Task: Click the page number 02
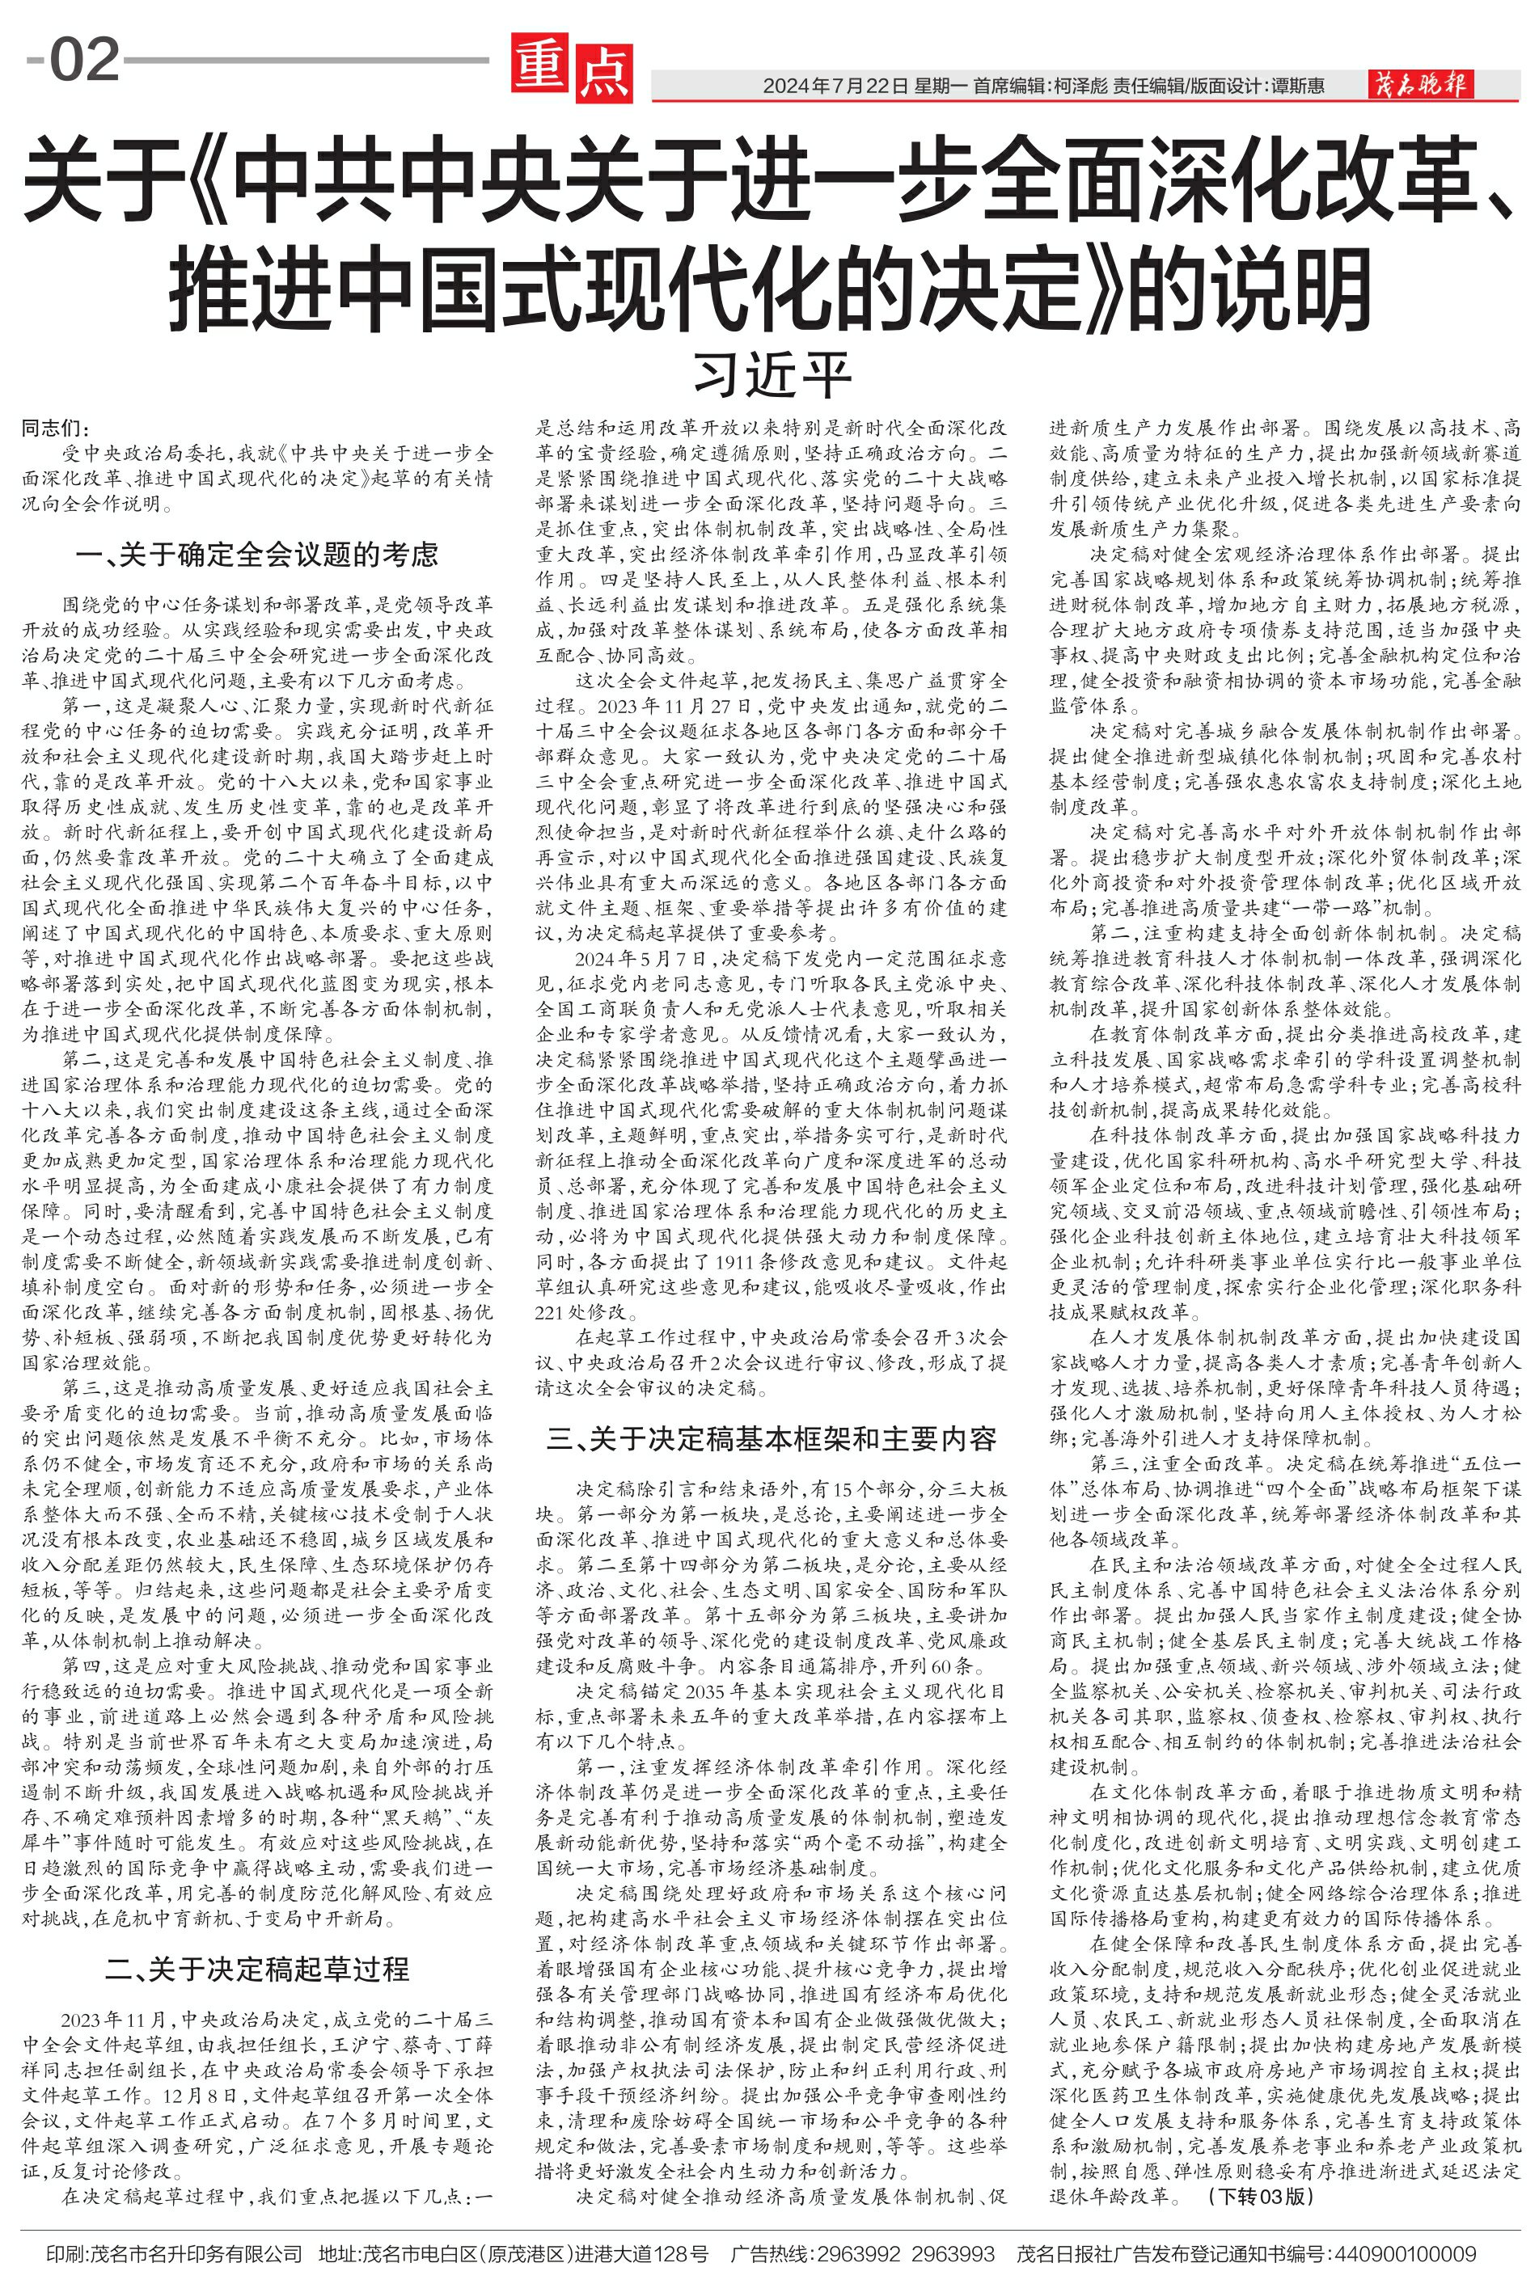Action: (84, 60)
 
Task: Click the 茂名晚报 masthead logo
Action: (1420, 86)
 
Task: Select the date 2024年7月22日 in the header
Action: (835, 87)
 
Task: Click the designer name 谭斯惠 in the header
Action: (1295, 87)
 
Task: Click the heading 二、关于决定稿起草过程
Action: (257, 1961)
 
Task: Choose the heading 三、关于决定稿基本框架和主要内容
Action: (772, 1439)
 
